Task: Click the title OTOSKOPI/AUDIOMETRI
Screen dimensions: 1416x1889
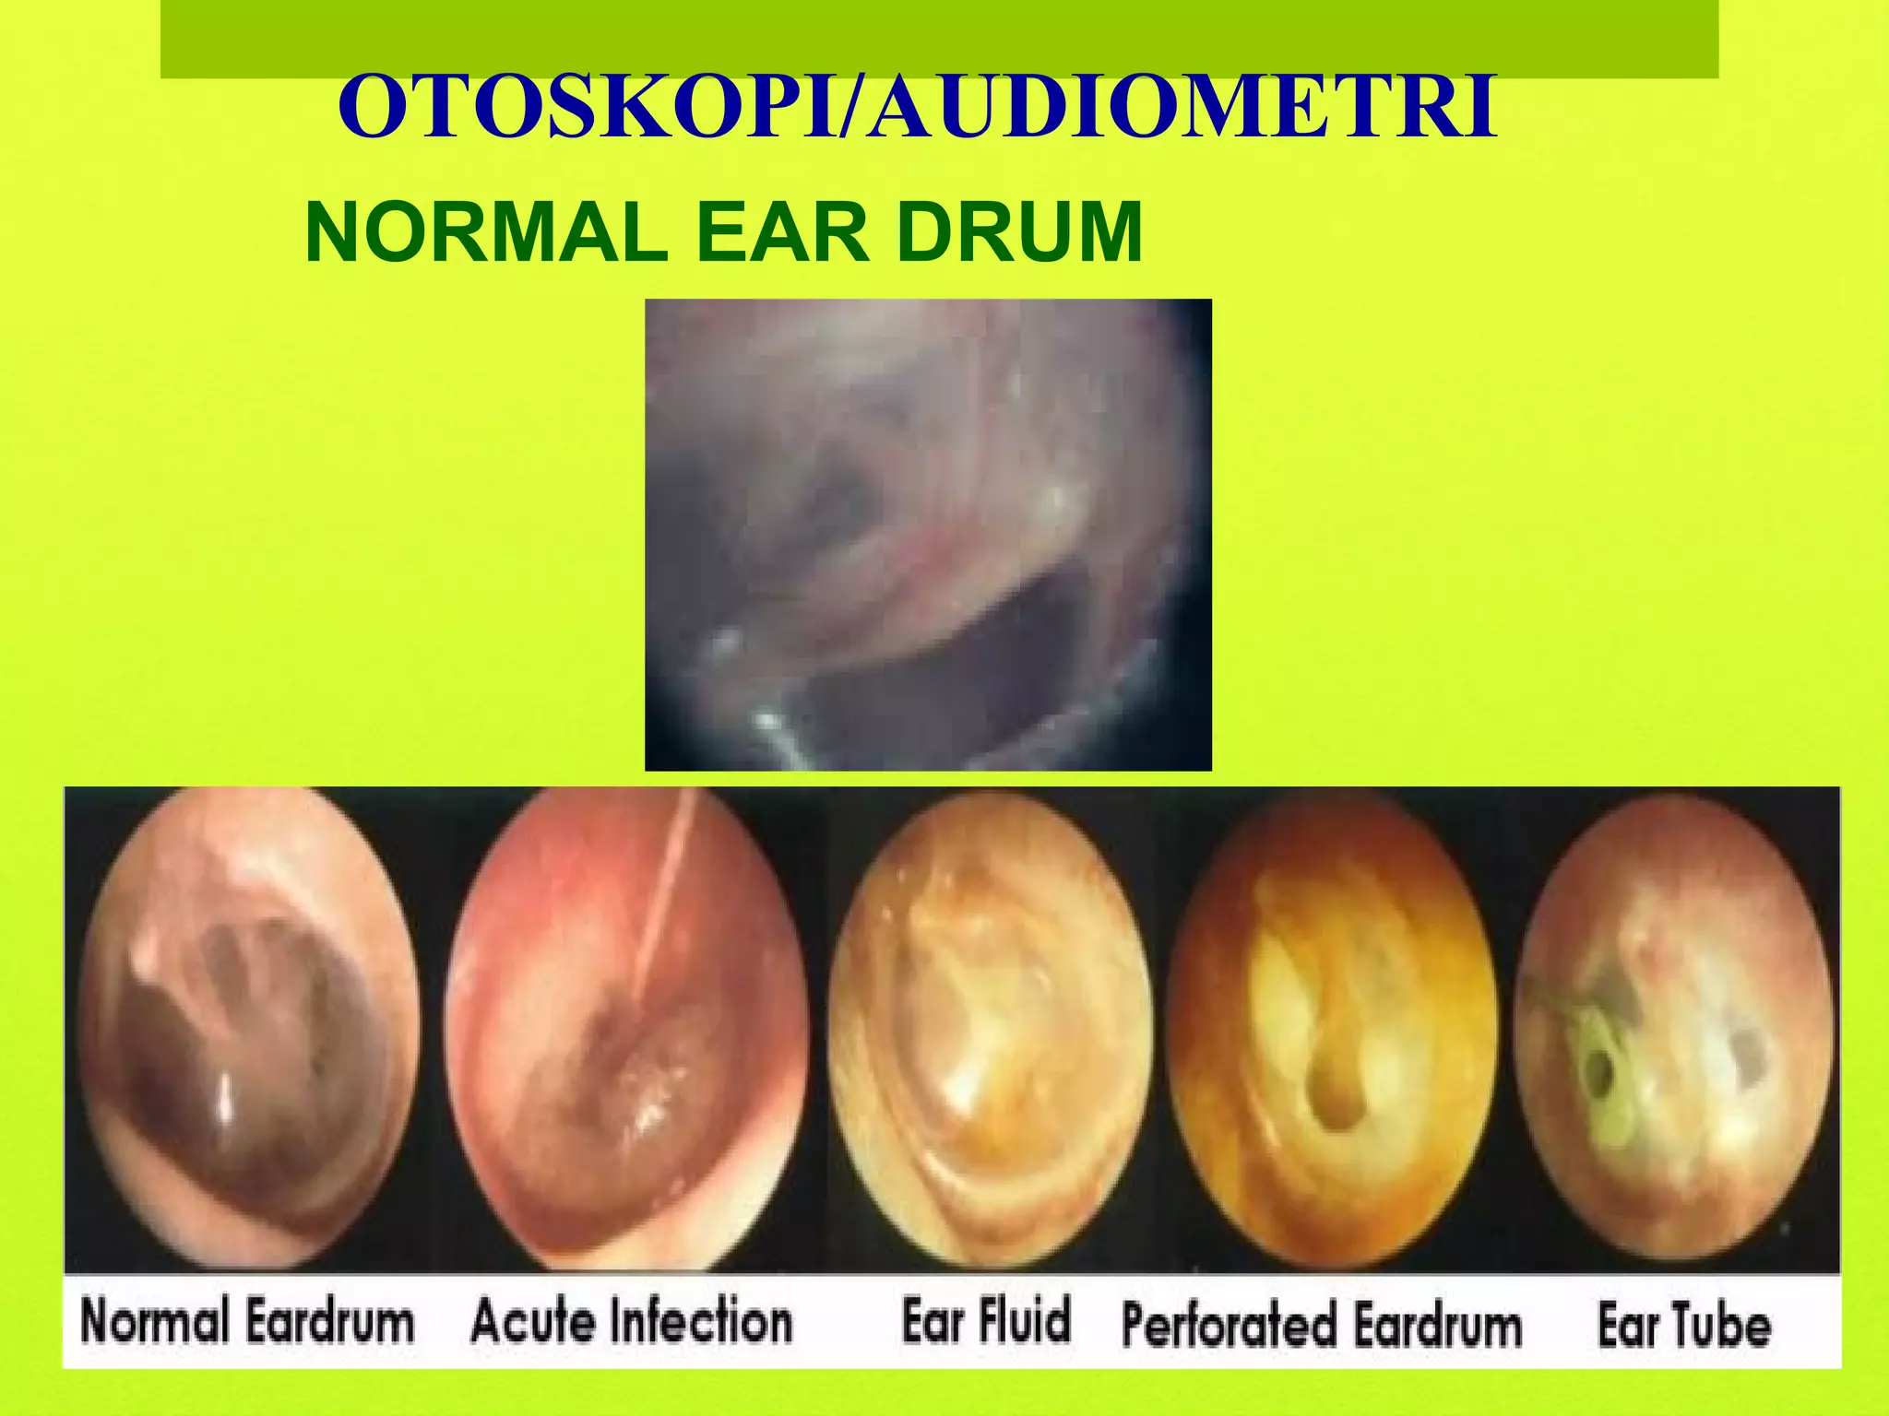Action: coord(918,109)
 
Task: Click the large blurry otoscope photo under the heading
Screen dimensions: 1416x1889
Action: coord(927,535)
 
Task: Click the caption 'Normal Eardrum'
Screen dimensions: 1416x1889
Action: coord(247,1320)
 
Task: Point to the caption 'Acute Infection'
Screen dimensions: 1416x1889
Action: coord(632,1320)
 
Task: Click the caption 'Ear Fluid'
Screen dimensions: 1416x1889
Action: coord(986,1320)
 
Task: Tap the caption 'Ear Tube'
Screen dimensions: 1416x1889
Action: coord(1684,1325)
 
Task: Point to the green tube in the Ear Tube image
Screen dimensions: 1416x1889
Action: coord(1596,1069)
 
